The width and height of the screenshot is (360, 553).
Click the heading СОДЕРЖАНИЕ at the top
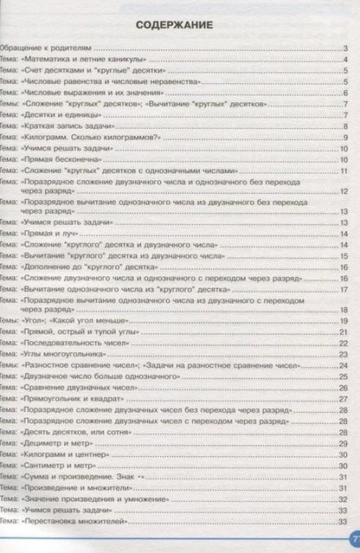[x=180, y=30]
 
